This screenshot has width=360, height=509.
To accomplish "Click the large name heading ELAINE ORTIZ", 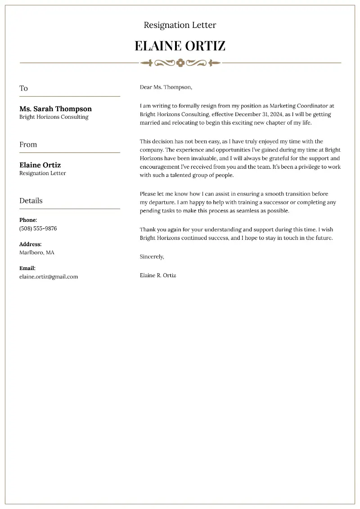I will [x=180, y=46].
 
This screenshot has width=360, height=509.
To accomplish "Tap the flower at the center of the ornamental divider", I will [x=180, y=63].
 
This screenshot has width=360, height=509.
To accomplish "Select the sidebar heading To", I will [x=23, y=88].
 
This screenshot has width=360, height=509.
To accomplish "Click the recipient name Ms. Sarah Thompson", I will [x=55, y=108].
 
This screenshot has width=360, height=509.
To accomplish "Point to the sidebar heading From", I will [x=28, y=144].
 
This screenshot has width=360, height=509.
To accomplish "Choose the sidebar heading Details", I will [x=31, y=201].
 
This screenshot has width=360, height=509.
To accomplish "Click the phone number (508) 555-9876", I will [x=38, y=228].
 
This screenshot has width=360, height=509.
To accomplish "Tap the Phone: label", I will [x=28, y=220].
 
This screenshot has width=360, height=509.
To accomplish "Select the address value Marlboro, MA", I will [x=36, y=252].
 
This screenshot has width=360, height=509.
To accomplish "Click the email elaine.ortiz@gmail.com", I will [x=49, y=277].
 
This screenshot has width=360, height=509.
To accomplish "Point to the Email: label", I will [x=27, y=268].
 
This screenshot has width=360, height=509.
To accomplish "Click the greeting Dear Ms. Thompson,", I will [x=166, y=87].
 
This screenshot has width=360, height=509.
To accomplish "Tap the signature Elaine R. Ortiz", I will [x=158, y=275].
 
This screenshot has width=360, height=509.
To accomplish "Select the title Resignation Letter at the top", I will [x=180, y=25].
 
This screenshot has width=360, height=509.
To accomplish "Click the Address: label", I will [x=31, y=244].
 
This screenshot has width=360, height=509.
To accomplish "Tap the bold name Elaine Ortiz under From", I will [x=40, y=165].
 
